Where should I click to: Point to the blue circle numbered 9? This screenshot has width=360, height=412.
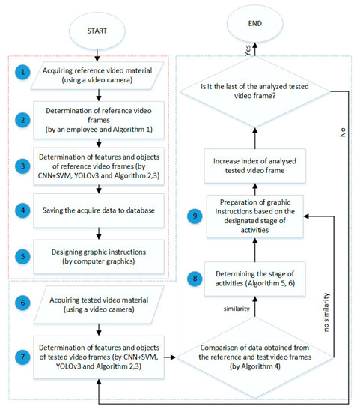point(197,215)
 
